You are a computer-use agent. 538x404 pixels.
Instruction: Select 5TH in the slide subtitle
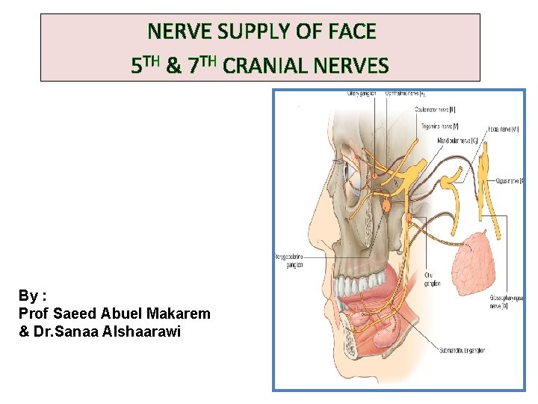145,66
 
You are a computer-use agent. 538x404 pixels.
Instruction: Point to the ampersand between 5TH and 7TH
173,66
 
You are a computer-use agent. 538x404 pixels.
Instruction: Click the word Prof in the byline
34,313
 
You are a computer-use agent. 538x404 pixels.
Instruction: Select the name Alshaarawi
139,331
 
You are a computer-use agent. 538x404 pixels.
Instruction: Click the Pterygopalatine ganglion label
288,260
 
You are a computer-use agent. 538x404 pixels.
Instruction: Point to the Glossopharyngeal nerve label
507,300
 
